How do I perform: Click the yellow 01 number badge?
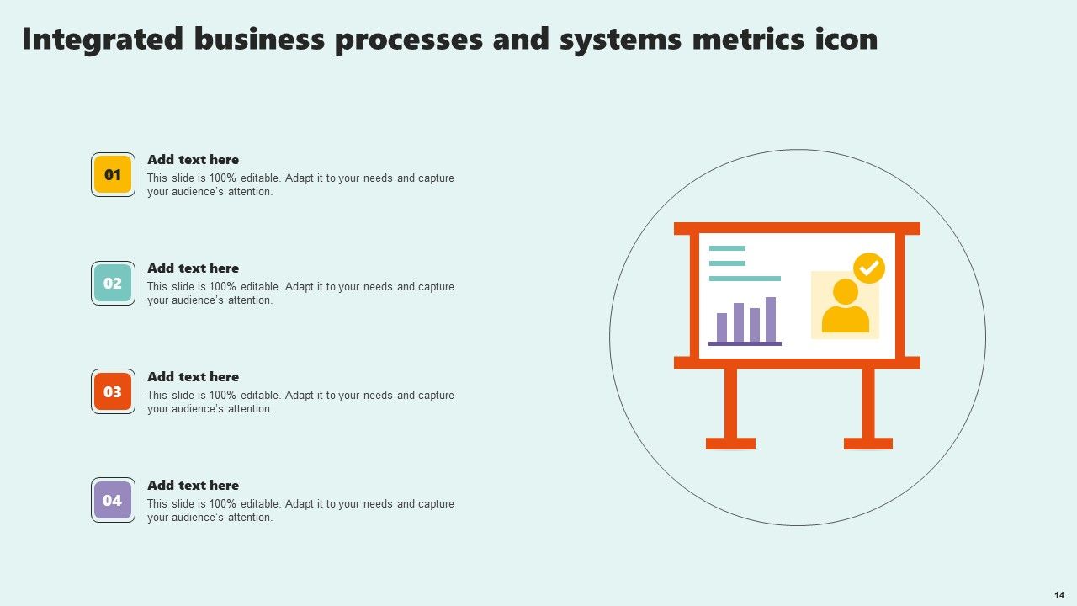(x=113, y=175)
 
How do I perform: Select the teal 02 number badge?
(x=113, y=284)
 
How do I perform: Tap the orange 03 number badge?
(x=113, y=392)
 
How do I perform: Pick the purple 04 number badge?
(x=113, y=501)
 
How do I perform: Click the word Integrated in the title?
(x=103, y=39)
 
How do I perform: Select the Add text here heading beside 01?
(x=193, y=160)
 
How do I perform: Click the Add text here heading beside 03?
(x=193, y=377)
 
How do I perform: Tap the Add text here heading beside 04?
(x=193, y=486)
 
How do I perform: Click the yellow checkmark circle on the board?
(x=869, y=268)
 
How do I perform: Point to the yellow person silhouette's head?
(x=846, y=292)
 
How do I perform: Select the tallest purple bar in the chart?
(x=771, y=319)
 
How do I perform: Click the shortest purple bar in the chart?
(x=722, y=327)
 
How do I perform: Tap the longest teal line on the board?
(x=745, y=278)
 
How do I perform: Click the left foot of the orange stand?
(x=730, y=444)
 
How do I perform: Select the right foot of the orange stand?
(x=868, y=444)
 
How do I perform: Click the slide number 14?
(x=1059, y=594)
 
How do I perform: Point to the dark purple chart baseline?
(x=745, y=343)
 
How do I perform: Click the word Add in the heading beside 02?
(x=160, y=268)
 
